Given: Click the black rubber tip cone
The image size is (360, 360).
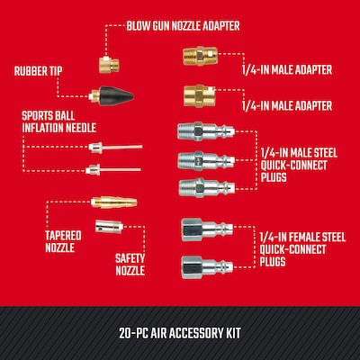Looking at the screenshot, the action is coord(116,95).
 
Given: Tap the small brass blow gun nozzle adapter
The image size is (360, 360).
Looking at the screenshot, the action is coord(109,64).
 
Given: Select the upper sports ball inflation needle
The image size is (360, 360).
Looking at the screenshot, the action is coord(115,148).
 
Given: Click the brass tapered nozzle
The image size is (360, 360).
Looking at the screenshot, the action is coord(114,202).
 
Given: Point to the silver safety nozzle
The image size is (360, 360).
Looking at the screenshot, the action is coord(109,227).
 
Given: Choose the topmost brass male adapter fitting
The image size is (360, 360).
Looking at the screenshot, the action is coord(200,56).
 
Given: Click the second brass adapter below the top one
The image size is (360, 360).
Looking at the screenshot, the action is coord(200,95).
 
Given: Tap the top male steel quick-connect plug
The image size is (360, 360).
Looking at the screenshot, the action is coord(206,131).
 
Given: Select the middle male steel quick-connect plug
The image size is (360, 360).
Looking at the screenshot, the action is coord(206,160).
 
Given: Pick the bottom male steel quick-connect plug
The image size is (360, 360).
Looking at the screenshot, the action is coord(207,188).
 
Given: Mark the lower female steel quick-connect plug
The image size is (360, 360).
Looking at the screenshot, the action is coord(207,267).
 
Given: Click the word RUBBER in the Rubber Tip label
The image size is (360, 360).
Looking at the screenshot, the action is coord(30,71).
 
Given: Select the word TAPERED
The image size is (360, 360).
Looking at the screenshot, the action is coord(63,236).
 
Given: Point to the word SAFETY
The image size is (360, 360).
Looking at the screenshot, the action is coord(130,258).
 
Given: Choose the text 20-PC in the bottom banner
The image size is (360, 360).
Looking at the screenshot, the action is coord(133,333).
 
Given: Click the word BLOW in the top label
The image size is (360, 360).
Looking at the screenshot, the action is coord(137,26).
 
